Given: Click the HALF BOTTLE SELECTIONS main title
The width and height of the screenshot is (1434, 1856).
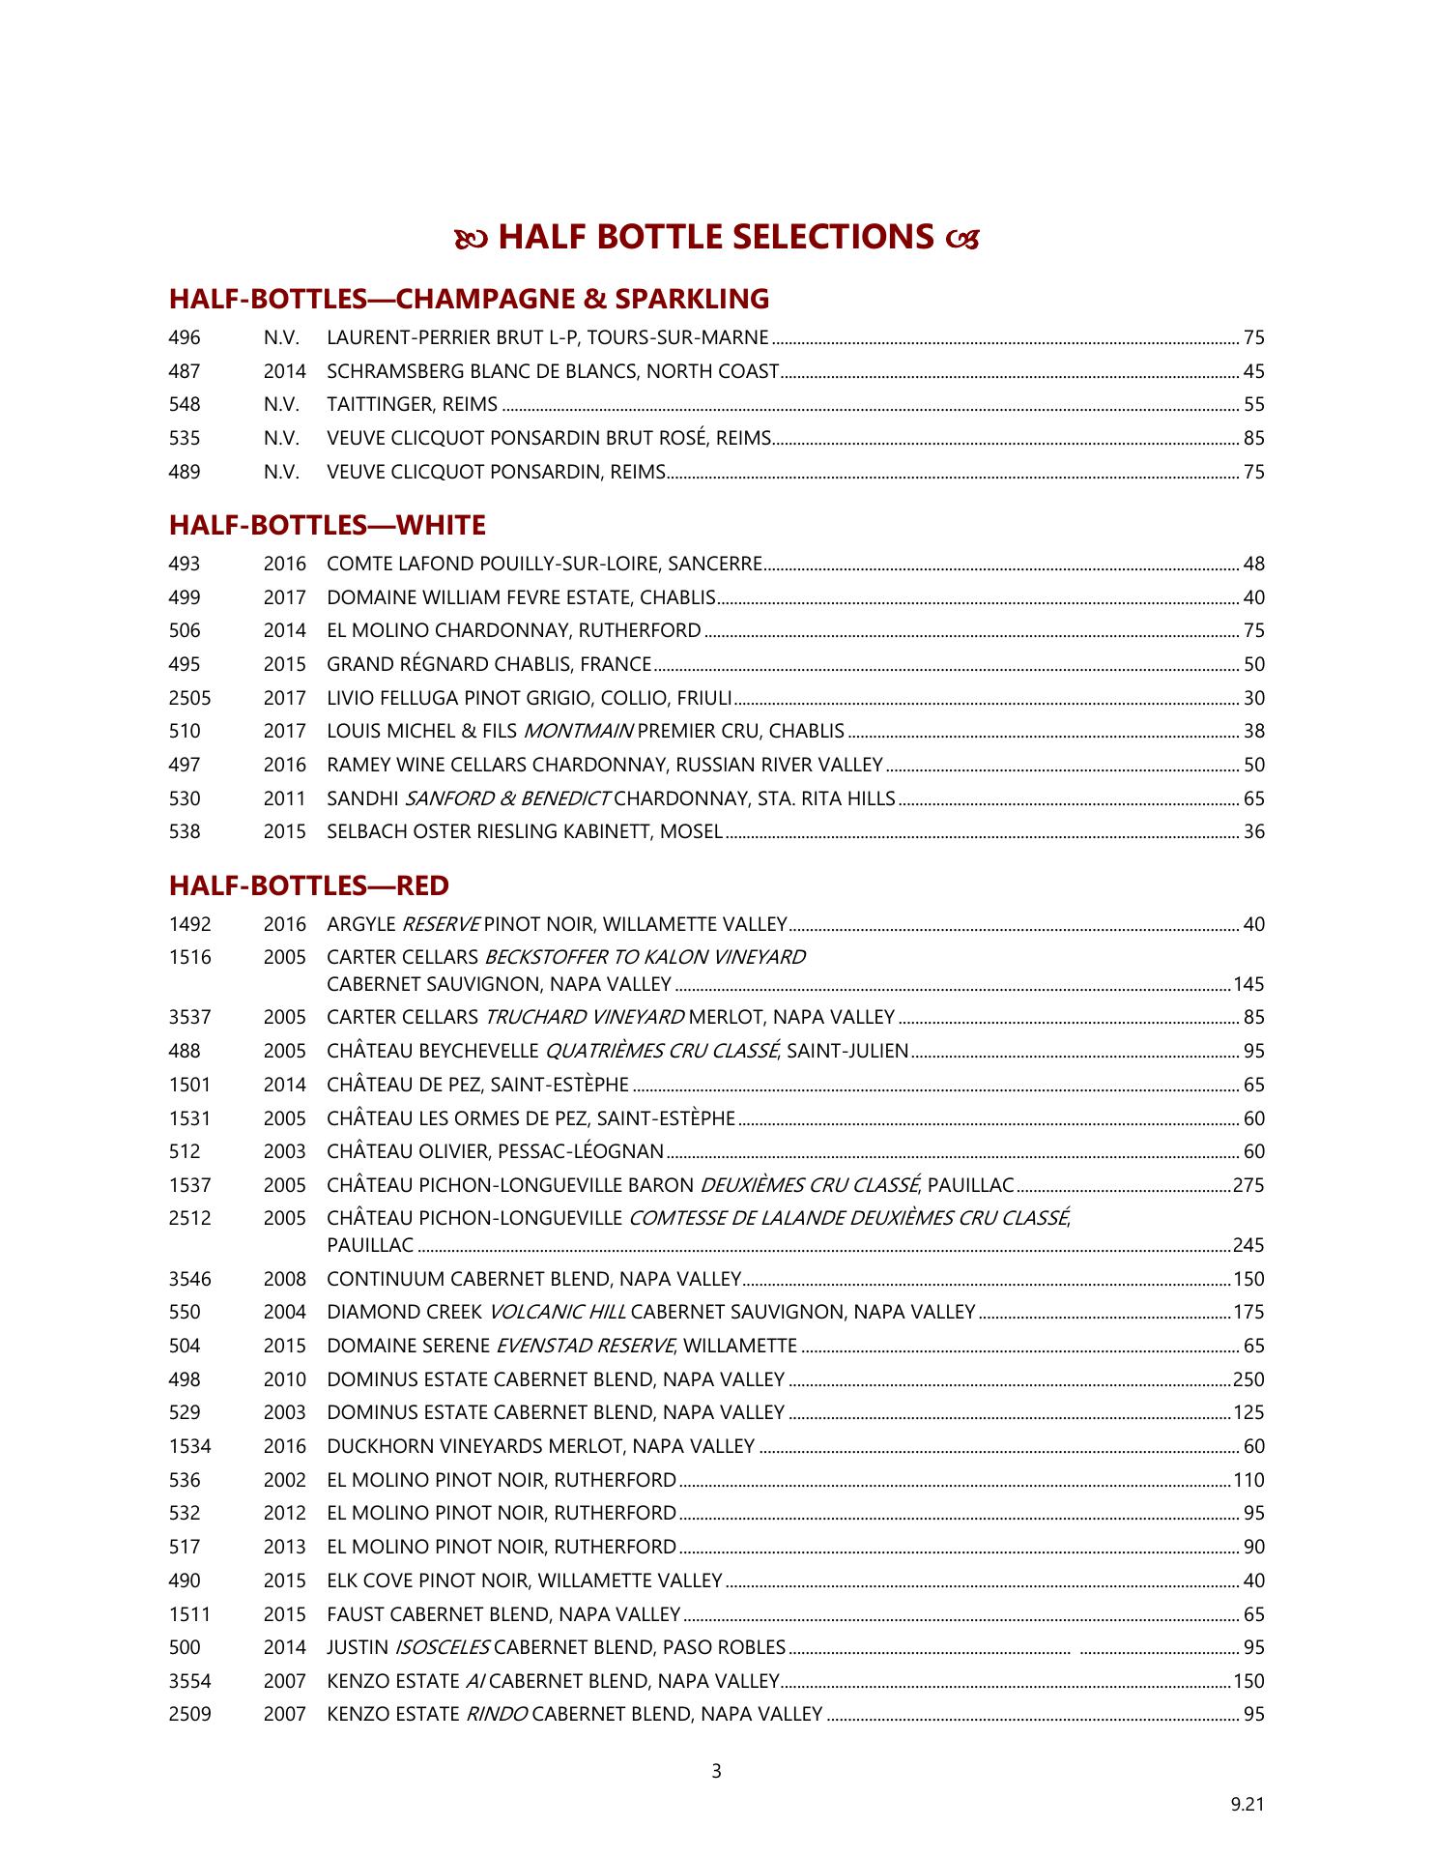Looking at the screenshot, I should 716,238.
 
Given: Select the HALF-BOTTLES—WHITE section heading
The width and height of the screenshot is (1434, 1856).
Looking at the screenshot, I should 327,526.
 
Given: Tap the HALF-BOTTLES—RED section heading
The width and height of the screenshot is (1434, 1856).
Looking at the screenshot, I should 308,885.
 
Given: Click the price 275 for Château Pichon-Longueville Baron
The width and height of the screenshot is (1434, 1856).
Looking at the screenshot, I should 1248,1185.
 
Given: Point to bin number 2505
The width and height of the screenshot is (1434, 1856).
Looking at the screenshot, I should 189,698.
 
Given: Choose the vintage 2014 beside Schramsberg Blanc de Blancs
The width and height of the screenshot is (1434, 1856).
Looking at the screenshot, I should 284,371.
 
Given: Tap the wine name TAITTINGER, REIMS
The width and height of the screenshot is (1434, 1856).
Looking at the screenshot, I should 413,405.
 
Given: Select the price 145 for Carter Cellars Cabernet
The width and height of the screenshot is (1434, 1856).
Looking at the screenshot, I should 1248,985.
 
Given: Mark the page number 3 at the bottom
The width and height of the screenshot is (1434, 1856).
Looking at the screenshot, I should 716,1772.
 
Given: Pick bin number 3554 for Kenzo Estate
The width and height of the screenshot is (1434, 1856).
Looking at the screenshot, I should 189,1681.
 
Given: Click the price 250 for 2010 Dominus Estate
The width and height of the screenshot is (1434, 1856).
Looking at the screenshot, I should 1248,1379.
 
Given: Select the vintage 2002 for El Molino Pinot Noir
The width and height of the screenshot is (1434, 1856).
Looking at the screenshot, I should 284,1480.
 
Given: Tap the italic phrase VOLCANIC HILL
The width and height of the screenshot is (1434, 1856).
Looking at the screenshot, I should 558,1313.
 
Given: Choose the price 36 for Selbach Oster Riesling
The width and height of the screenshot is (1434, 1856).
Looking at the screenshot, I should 1253,832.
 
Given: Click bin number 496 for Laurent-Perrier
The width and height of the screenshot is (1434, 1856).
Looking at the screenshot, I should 185,338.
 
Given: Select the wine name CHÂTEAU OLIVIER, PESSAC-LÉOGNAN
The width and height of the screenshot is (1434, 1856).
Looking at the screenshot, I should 495,1152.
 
